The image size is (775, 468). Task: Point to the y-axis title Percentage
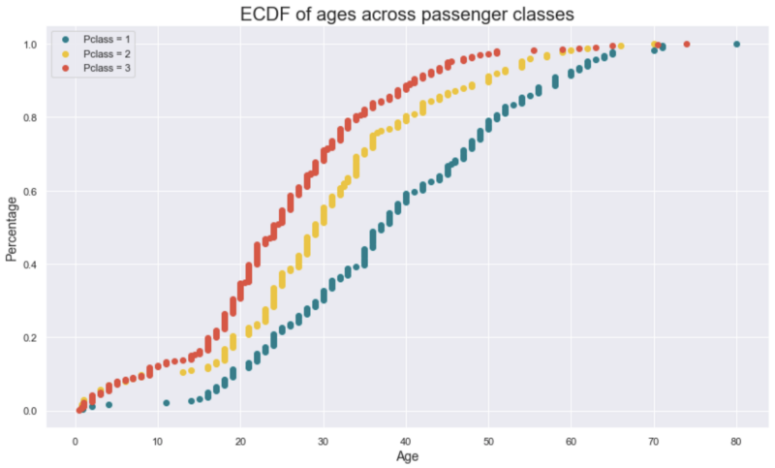click(x=12, y=229)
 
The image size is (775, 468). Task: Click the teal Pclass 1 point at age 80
click(x=736, y=45)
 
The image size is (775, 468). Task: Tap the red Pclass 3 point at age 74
click(x=687, y=45)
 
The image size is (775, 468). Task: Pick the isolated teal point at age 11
click(x=167, y=403)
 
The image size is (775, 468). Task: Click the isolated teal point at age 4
click(x=108, y=405)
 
